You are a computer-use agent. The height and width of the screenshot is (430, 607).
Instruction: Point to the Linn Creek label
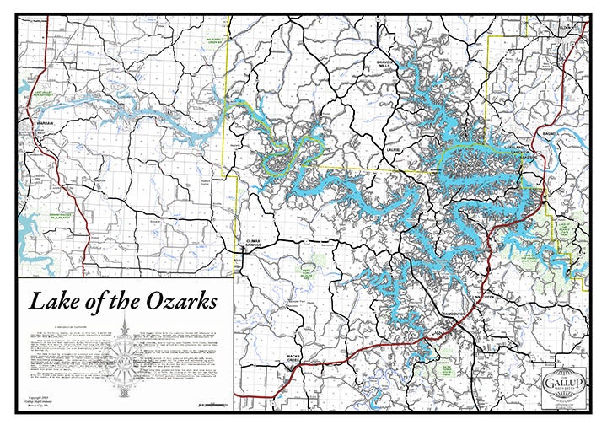click(x=487, y=298)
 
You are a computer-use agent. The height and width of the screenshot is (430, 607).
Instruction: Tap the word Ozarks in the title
click(x=176, y=300)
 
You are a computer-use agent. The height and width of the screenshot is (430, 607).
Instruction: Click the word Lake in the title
click(x=53, y=300)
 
